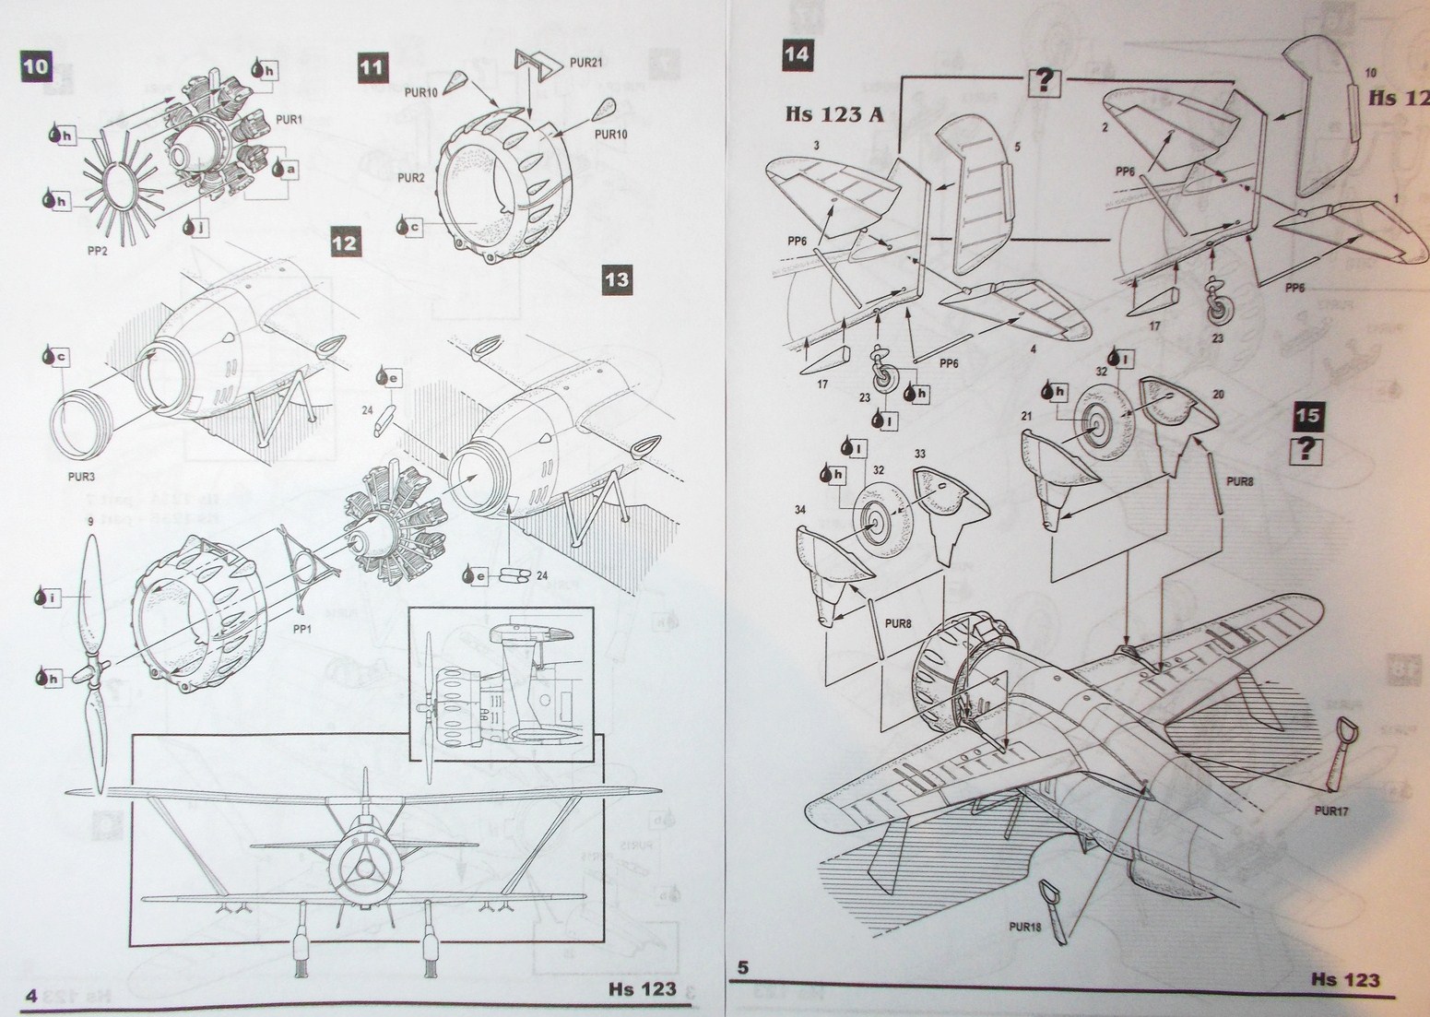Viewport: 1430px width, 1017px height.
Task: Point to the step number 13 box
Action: click(x=619, y=279)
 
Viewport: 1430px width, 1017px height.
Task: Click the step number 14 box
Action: click(x=798, y=54)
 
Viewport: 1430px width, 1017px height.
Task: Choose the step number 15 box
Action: click(x=1307, y=416)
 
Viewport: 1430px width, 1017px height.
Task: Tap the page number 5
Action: click(x=742, y=969)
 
